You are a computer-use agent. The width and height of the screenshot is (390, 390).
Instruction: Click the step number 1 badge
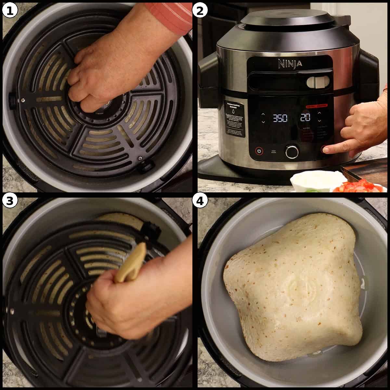pyautogui.click(x=10, y=11)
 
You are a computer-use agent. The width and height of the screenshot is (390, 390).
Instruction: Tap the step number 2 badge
pyautogui.click(x=200, y=11)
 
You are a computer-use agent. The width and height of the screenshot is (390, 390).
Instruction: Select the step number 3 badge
pyautogui.click(x=10, y=201)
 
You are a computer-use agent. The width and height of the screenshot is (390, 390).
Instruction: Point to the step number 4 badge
pyautogui.click(x=200, y=201)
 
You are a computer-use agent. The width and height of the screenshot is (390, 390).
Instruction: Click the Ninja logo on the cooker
pyautogui.click(x=290, y=64)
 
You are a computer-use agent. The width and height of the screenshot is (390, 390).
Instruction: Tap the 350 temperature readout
pyautogui.click(x=279, y=118)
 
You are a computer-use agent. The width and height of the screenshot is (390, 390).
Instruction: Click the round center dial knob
pyautogui.click(x=292, y=151)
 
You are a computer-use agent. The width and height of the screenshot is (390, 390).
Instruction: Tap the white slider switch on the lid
pyautogui.click(x=318, y=82)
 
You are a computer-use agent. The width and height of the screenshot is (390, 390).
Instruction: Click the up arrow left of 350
pyautogui.click(x=263, y=114)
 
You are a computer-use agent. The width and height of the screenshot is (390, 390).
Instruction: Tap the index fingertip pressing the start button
pyautogui.click(x=327, y=150)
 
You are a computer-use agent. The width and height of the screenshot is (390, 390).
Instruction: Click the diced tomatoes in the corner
pyautogui.click(x=356, y=186)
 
